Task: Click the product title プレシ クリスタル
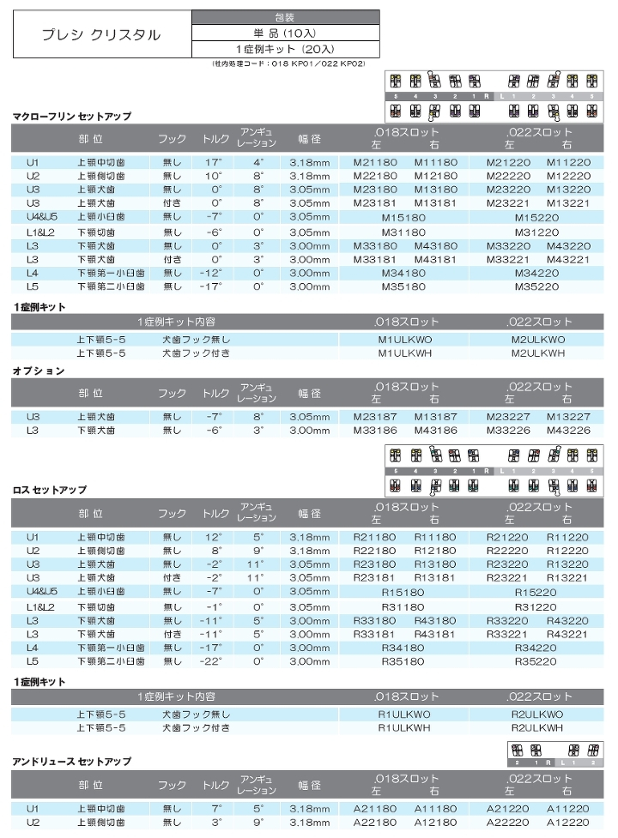[x=101, y=35]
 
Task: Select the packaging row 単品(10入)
[x=284, y=33]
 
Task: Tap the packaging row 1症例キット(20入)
[x=284, y=49]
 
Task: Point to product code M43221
[x=567, y=259]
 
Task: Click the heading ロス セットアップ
[x=50, y=490]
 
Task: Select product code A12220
[x=567, y=822]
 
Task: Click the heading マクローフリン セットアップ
[x=71, y=116]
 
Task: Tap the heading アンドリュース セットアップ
[x=71, y=762]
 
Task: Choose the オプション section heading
[x=39, y=371]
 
